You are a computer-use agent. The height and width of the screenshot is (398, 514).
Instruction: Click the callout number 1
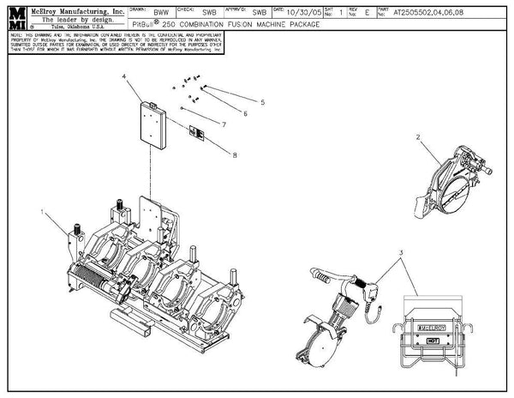click(42, 209)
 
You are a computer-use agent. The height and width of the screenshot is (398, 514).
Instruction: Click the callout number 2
click(418, 136)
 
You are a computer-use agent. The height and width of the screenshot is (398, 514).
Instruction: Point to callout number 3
click(399, 252)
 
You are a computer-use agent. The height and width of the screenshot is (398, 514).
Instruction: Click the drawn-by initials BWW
click(161, 14)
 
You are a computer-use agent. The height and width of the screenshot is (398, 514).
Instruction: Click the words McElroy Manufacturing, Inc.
click(68, 8)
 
